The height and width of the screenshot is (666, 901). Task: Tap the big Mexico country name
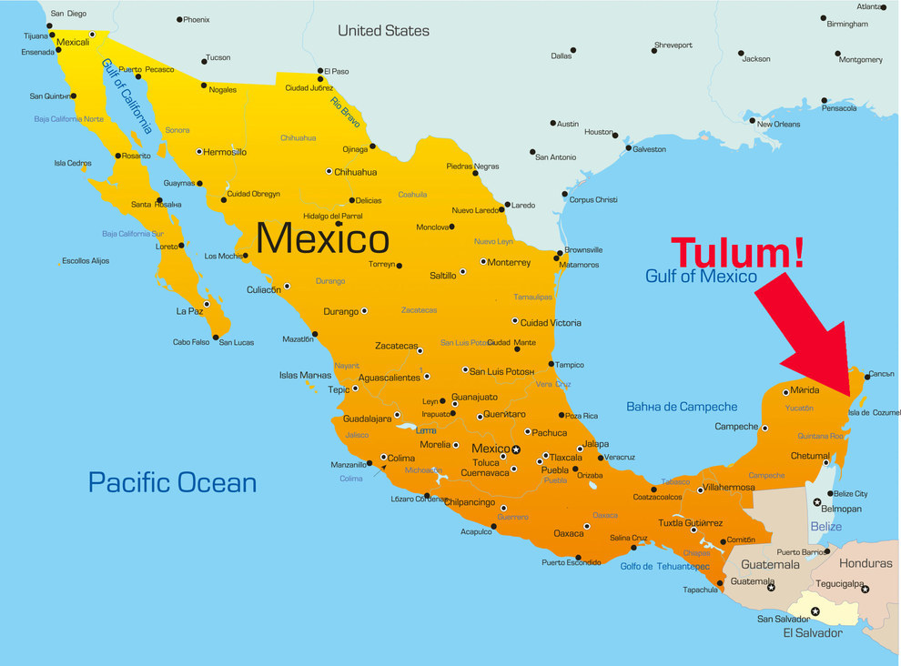tap(322, 239)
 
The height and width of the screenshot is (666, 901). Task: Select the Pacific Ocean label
tap(172, 482)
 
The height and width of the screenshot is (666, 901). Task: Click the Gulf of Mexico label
tap(701, 276)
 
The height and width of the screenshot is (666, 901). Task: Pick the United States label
tap(383, 30)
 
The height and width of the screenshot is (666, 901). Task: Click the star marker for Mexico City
tap(516, 449)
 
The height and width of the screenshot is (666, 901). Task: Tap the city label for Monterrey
tap(509, 263)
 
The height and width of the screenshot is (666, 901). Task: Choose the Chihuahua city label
tap(355, 172)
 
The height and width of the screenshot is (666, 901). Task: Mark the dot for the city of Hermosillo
tap(199, 152)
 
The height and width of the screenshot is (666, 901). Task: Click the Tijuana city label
tap(35, 35)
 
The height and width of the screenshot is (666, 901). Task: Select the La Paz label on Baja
tap(189, 311)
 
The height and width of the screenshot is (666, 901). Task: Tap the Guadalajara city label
tap(367, 419)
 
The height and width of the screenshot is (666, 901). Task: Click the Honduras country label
tap(866, 563)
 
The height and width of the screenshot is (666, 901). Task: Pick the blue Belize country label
tap(825, 527)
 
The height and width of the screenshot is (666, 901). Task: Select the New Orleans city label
tap(778, 125)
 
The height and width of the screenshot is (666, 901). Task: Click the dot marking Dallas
tap(573, 50)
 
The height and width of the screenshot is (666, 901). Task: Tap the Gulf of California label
tap(127, 96)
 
